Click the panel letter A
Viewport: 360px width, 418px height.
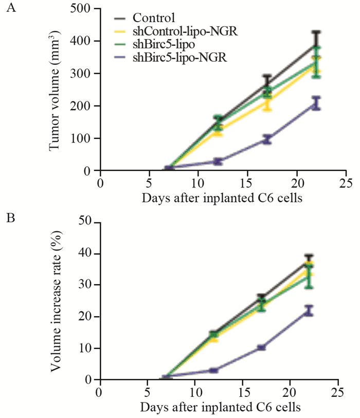(9, 9)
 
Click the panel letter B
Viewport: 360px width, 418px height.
(9, 218)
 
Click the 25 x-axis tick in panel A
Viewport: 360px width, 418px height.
(346, 183)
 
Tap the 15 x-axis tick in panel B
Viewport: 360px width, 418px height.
(242, 392)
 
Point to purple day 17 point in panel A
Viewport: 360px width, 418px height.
(267, 139)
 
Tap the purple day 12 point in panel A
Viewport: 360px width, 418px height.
(218, 161)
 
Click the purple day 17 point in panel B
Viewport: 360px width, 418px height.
(262, 347)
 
